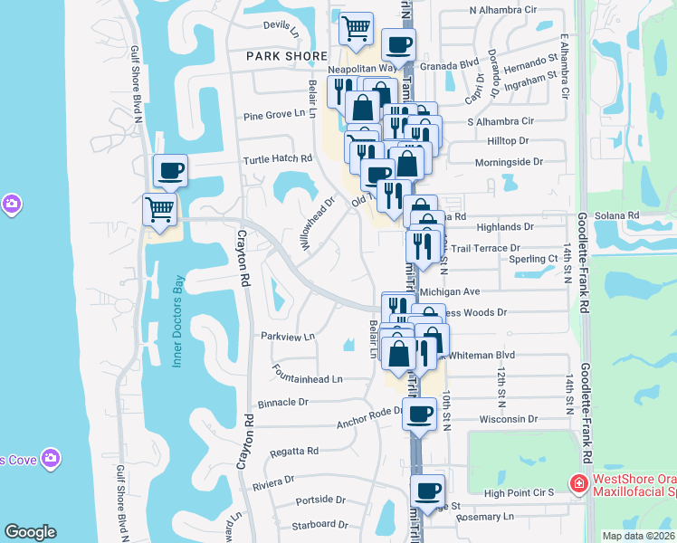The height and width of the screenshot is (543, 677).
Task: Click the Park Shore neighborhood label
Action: pyautogui.click(x=286, y=56)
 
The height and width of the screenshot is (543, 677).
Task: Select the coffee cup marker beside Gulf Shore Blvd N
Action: pyautogui.click(x=169, y=170)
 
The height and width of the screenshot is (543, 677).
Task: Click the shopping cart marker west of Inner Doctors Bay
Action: pyautogui.click(x=160, y=209)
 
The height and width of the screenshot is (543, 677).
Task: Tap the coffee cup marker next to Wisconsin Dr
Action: pyautogui.click(x=418, y=414)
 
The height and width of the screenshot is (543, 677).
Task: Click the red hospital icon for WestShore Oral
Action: pyautogui.click(x=577, y=485)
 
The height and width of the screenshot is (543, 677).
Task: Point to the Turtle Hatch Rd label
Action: pyautogui.click(x=277, y=158)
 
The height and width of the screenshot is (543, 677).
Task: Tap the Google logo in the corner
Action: pyautogui.click(x=31, y=532)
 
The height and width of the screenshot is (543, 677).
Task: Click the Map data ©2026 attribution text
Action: pyautogui.click(x=637, y=536)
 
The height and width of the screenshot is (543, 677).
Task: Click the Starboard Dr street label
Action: pyautogui.click(x=319, y=525)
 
